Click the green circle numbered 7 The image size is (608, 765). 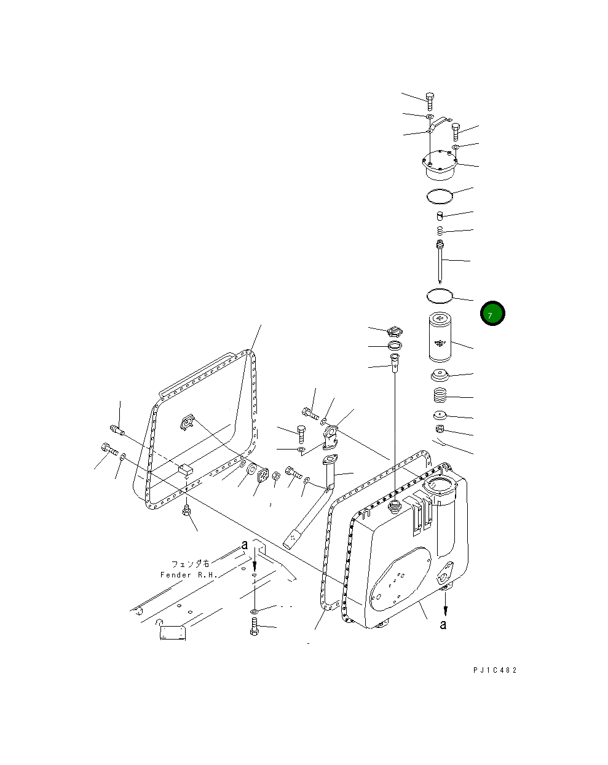492,314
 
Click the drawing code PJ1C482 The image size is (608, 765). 495,670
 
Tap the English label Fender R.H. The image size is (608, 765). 189,575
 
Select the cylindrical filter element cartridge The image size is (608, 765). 439,337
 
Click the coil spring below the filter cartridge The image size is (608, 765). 441,396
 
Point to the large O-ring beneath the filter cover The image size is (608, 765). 440,196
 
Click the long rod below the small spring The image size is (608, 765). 441,262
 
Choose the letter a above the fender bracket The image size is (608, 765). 245,545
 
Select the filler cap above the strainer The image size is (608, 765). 395,332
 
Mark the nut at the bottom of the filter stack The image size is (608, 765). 441,429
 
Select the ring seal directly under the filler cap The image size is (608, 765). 395,346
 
